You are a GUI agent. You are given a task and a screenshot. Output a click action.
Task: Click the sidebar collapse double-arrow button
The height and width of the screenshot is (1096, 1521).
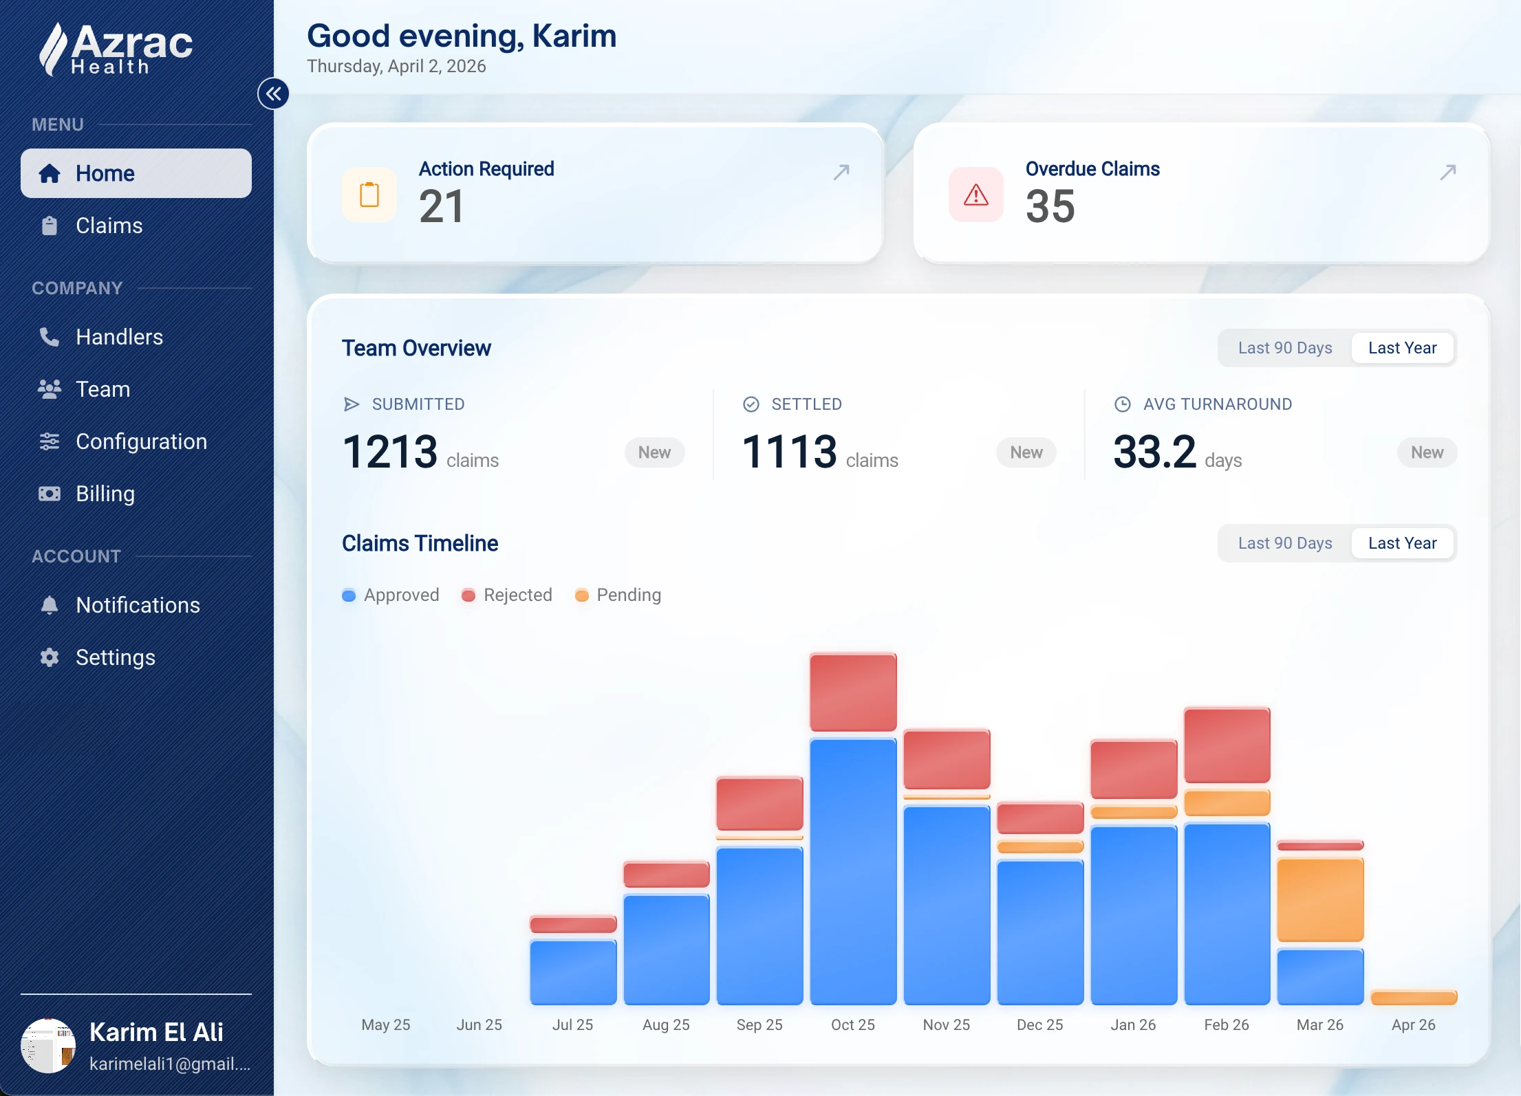click(x=273, y=94)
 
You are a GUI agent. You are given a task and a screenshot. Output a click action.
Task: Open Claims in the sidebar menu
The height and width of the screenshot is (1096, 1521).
click(x=109, y=226)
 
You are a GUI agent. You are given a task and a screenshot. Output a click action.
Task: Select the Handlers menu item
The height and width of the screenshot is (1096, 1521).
click(x=119, y=337)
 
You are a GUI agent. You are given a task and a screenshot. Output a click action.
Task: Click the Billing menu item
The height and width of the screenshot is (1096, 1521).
click(x=105, y=494)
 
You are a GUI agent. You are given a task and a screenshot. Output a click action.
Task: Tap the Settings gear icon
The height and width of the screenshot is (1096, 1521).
click(x=50, y=657)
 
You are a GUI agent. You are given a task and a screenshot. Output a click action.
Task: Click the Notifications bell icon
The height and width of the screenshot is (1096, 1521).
click(x=50, y=605)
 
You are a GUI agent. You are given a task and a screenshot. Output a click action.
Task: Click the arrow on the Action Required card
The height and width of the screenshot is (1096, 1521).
click(x=841, y=172)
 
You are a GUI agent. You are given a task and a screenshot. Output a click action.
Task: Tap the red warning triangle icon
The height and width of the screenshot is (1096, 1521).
click(x=975, y=195)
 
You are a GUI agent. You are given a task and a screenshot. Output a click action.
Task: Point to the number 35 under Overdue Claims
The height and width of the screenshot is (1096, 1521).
click(x=1050, y=206)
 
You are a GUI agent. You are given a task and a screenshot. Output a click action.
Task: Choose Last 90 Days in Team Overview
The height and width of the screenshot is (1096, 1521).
click(x=1284, y=348)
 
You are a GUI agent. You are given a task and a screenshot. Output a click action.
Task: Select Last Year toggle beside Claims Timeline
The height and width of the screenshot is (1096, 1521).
click(x=1402, y=543)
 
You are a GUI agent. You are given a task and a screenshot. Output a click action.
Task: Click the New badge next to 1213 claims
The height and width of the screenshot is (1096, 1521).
click(x=654, y=452)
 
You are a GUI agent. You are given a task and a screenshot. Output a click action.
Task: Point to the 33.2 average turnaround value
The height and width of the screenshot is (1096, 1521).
click(x=1154, y=452)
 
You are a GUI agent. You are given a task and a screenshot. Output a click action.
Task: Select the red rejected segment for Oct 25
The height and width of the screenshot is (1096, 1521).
click(x=853, y=692)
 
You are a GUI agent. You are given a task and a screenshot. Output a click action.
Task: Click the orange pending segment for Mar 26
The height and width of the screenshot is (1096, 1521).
click(x=1319, y=899)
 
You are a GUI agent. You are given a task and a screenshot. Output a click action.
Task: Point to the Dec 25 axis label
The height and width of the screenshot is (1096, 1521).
click(x=1039, y=1024)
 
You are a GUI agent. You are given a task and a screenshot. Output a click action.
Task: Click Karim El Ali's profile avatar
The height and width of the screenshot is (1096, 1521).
click(x=48, y=1045)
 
